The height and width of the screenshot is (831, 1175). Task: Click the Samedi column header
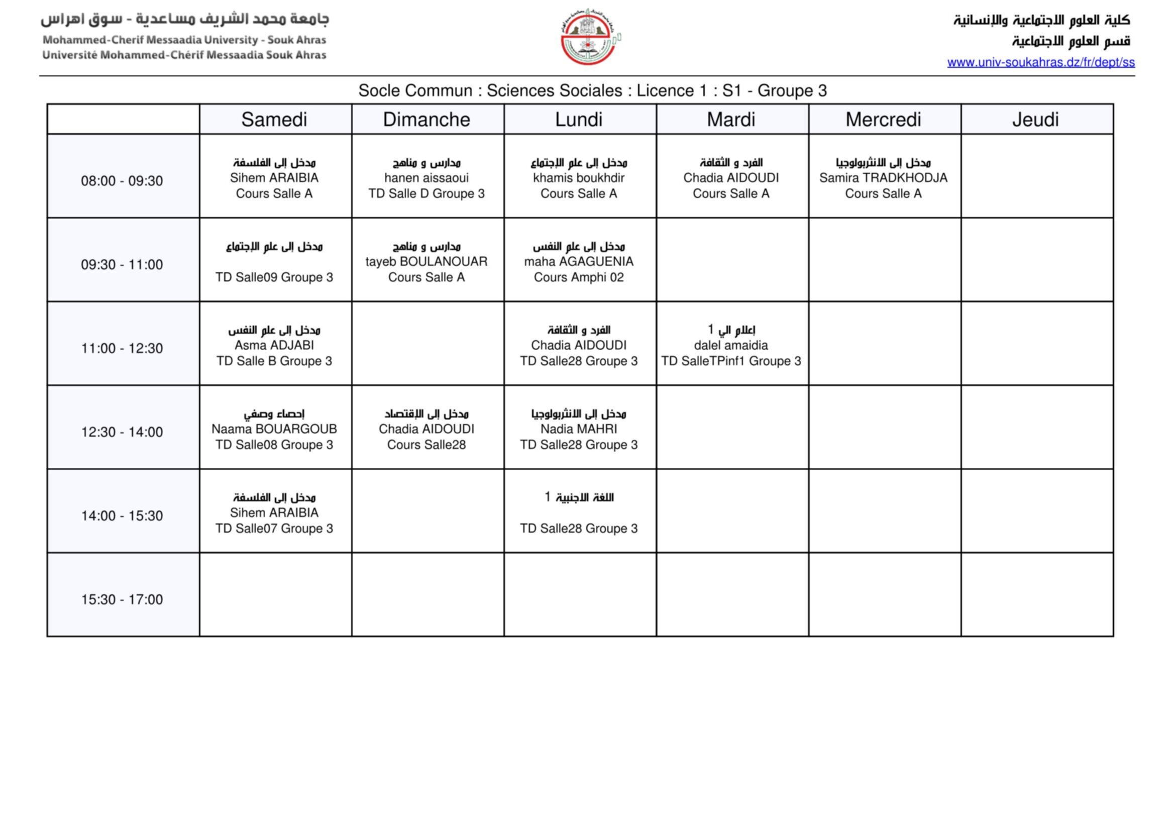pos(274,120)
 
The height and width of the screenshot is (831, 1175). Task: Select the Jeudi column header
pos(1035,120)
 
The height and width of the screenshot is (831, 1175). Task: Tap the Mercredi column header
pos(883,120)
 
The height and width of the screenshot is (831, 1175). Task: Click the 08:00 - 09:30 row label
pos(122,181)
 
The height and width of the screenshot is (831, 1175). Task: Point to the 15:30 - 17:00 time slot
pos(122,599)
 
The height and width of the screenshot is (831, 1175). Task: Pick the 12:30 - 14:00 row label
pos(122,432)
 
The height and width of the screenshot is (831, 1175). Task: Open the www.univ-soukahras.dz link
pos(1040,62)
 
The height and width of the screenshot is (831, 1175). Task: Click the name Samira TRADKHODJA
pos(883,177)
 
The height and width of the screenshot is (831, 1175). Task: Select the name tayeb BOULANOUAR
pos(426,261)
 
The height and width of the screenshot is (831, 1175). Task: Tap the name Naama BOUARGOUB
pos(274,429)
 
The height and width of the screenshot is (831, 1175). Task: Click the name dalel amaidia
pos(731,345)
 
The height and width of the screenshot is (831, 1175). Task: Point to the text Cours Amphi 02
pos(579,277)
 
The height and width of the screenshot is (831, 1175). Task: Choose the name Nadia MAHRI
pos(579,429)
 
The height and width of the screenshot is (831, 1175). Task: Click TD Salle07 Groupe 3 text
pos(274,529)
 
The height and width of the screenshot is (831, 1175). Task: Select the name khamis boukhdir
pos(579,177)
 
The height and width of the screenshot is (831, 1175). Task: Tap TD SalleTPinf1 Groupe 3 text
pos(731,361)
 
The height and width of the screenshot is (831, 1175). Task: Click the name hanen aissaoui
pos(426,177)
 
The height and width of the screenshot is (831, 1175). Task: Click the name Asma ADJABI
pos(274,345)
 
